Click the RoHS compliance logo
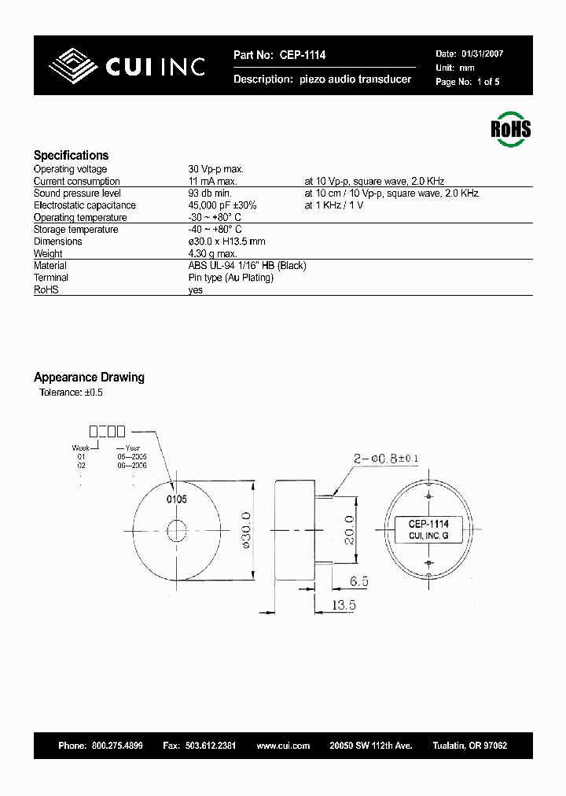coord(510,128)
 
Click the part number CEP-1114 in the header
coord(300,55)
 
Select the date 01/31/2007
coord(481,54)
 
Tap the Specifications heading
coord(71,156)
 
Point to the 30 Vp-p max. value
coord(215,169)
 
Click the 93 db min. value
coord(210,193)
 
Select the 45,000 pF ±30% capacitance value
coord(222,205)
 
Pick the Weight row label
coord(48,254)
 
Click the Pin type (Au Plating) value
coord(230,278)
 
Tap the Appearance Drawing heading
coord(89,378)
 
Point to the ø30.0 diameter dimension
coord(244,532)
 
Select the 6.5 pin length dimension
coord(358,582)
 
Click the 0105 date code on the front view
coord(176,499)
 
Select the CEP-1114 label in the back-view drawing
coord(428,524)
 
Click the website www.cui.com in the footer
coord(283,746)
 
